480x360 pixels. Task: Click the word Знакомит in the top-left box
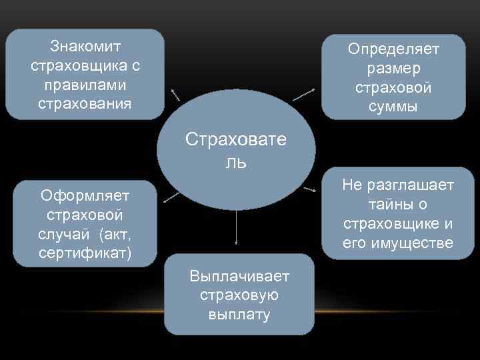[85, 47]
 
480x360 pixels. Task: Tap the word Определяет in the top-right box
[393, 49]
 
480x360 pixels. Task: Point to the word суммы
[393, 107]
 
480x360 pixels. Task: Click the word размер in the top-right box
[393, 69]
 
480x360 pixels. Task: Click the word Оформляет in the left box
[85, 195]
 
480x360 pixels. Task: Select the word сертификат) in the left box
[85, 253]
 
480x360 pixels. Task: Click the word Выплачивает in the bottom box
[239, 276]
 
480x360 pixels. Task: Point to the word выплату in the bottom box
[239, 315]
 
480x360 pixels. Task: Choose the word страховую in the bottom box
[239, 295]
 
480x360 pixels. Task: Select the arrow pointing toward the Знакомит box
[175, 93]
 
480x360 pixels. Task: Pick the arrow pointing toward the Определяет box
[304, 94]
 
